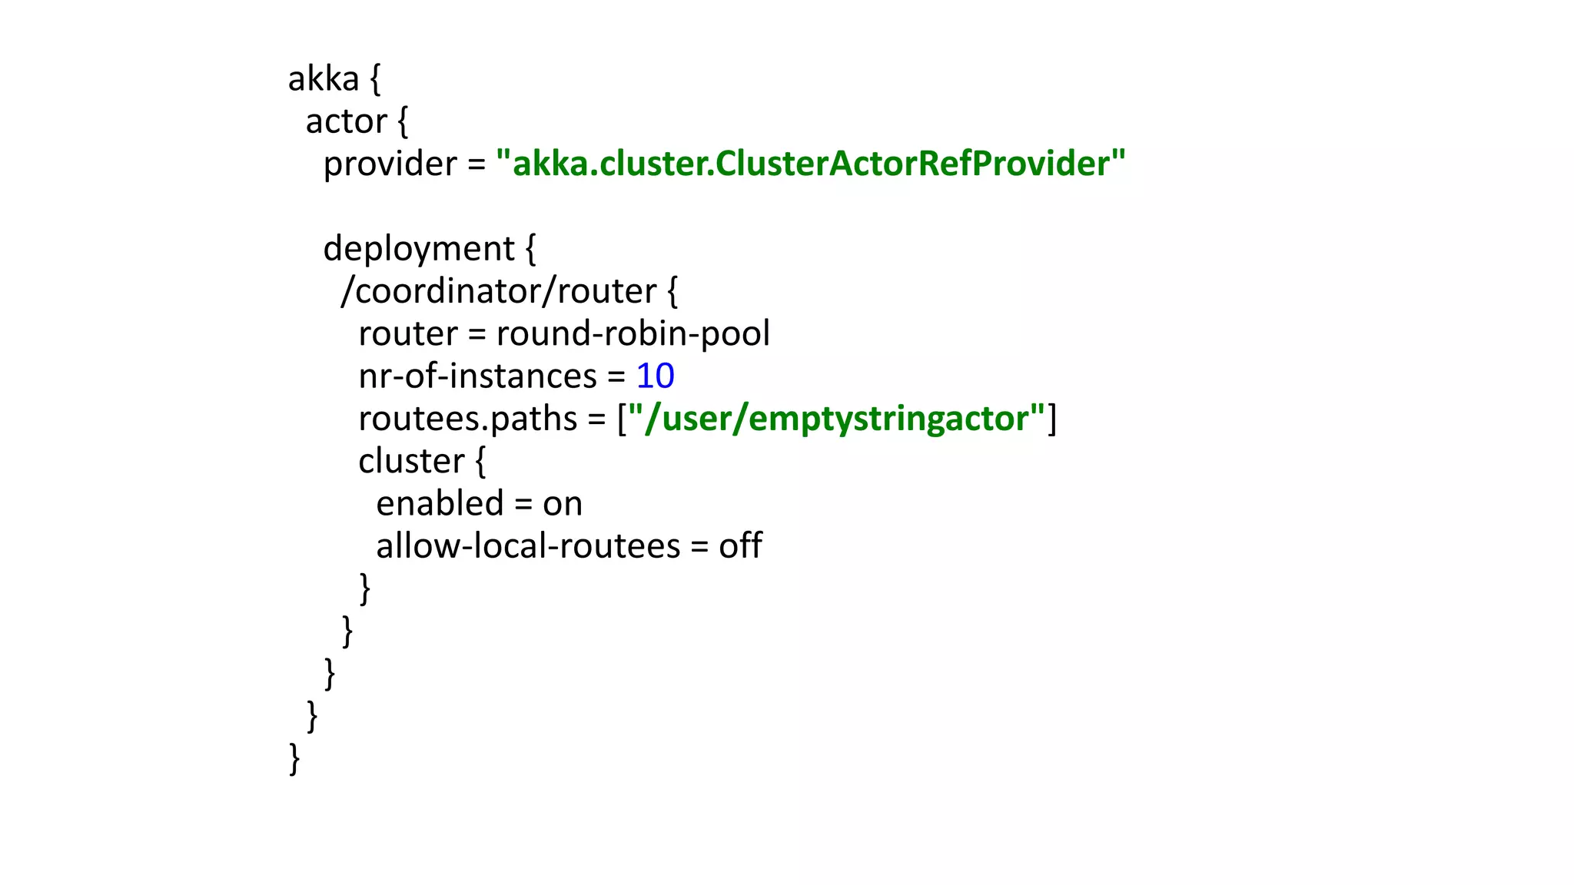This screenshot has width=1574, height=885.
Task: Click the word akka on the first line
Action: click(324, 79)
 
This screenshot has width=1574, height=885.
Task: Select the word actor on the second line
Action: click(347, 122)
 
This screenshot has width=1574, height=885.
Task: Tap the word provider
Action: click(390, 164)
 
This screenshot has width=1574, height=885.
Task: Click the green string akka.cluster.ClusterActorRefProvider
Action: click(810, 164)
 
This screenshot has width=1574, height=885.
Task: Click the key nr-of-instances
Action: click(477, 376)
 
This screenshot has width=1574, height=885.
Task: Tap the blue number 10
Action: click(655, 376)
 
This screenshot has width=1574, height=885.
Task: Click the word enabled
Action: click(440, 504)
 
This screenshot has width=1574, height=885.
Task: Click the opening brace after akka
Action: click(375, 79)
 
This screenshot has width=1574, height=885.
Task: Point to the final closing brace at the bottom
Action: click(294, 759)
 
